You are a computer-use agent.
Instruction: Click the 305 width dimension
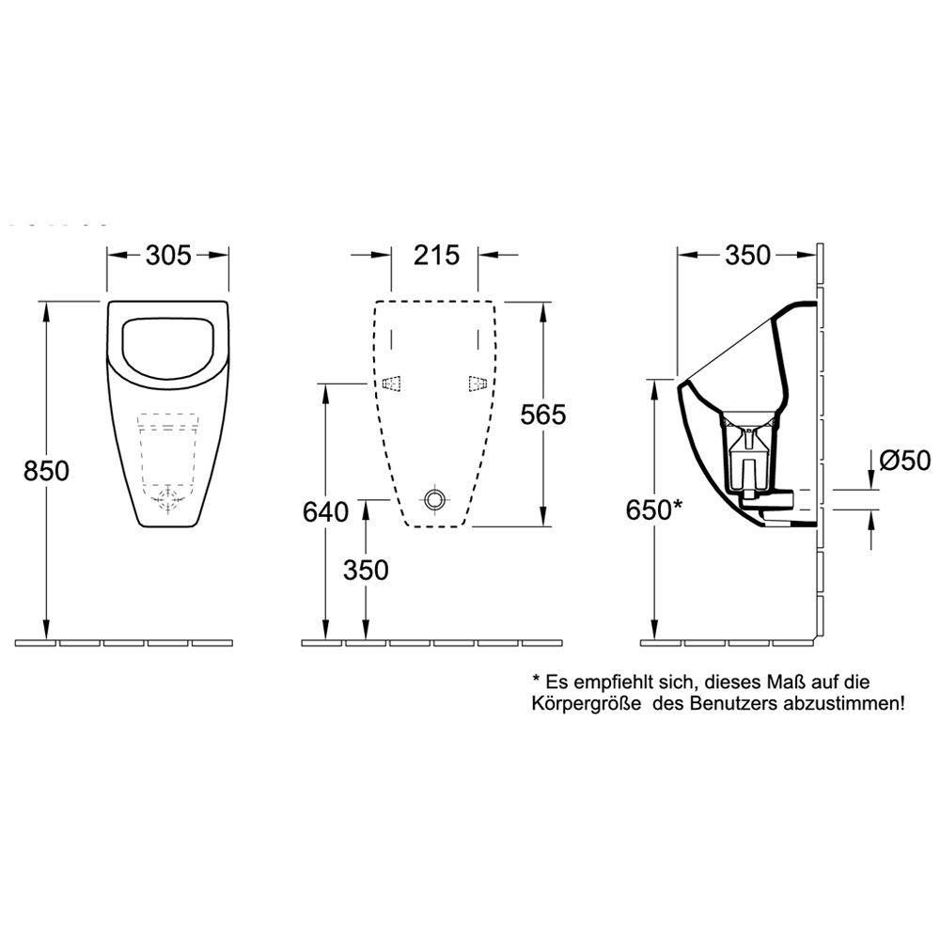click(x=168, y=256)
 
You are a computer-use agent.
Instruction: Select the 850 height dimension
click(x=46, y=471)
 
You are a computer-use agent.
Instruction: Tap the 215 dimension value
click(x=436, y=256)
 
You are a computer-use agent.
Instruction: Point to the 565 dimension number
click(x=543, y=415)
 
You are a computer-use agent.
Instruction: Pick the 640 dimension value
click(x=325, y=512)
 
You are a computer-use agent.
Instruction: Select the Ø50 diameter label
click(x=905, y=461)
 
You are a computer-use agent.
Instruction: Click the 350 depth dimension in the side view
click(x=747, y=256)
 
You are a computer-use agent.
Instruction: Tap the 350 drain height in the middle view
click(x=366, y=571)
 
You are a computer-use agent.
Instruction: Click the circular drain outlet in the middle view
click(x=434, y=499)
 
